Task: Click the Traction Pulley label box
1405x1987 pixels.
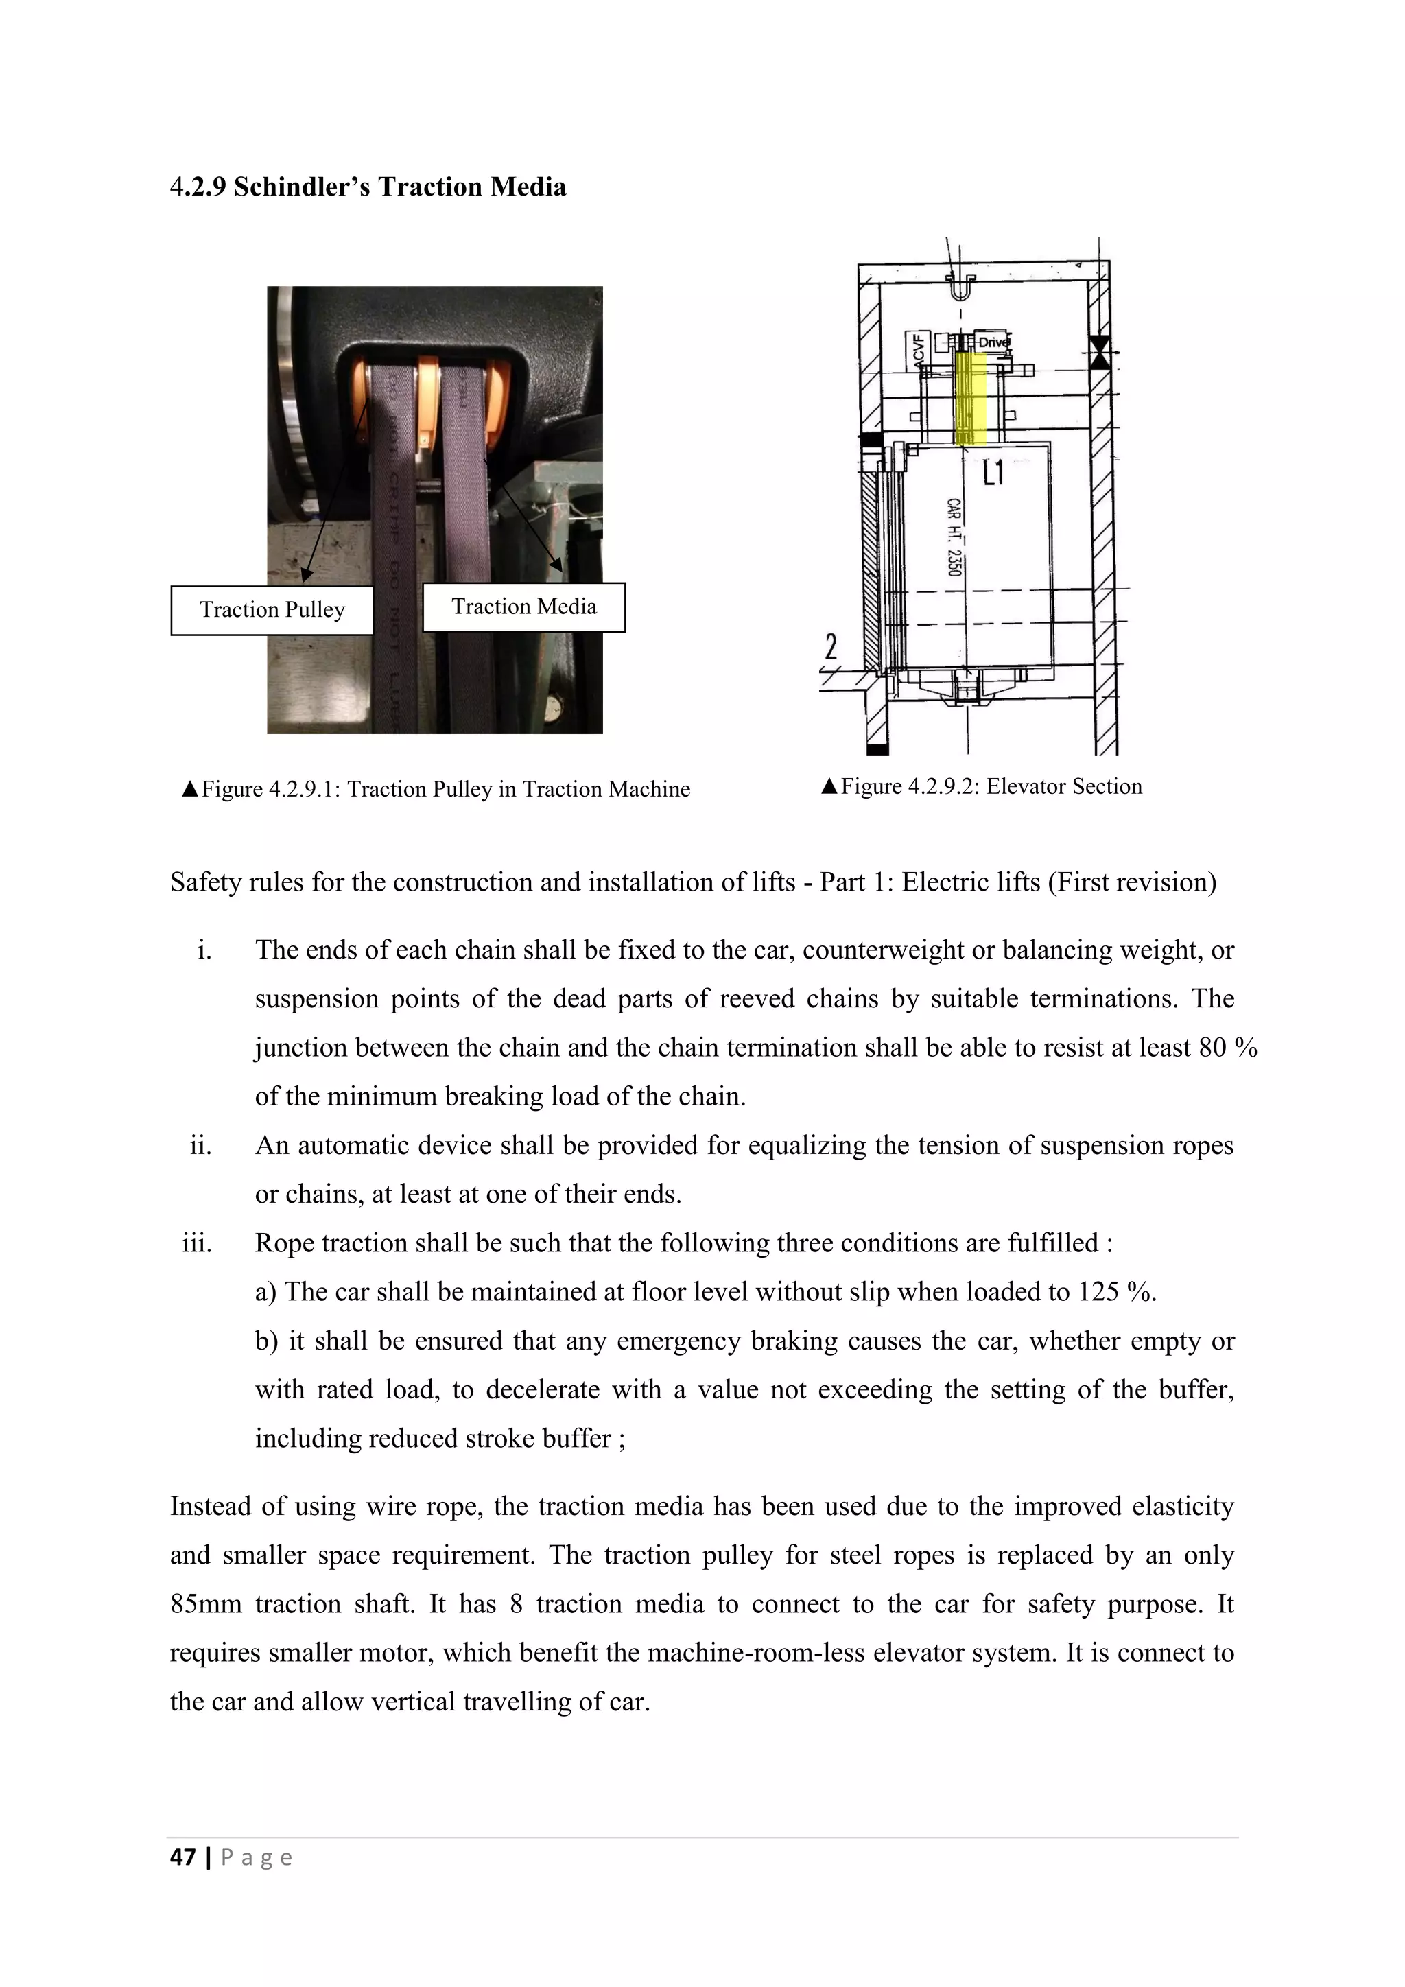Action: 272,610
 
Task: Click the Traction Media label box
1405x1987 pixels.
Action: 523,607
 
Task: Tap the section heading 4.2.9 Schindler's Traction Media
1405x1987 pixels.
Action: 368,187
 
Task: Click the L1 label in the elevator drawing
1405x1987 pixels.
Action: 993,473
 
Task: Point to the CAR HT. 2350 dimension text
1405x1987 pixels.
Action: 954,537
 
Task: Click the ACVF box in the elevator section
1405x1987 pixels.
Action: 918,351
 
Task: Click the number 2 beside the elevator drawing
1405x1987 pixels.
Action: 831,646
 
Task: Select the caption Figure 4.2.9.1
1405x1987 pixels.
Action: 436,789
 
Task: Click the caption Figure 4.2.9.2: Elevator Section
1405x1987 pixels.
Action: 982,787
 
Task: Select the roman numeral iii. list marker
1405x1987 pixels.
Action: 198,1244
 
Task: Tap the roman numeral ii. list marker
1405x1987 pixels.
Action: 200,1146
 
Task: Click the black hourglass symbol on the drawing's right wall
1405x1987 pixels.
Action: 1099,352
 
